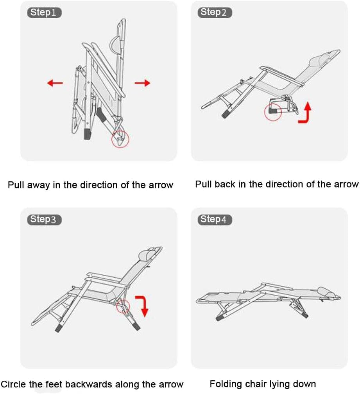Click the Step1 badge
[x=44, y=13]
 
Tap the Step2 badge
[x=215, y=13]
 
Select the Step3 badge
[x=44, y=220]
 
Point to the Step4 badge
[x=215, y=220]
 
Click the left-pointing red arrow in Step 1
[x=55, y=83]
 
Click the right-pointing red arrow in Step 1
[x=142, y=83]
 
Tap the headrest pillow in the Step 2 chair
[x=318, y=61]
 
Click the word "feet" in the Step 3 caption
[x=54, y=385]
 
